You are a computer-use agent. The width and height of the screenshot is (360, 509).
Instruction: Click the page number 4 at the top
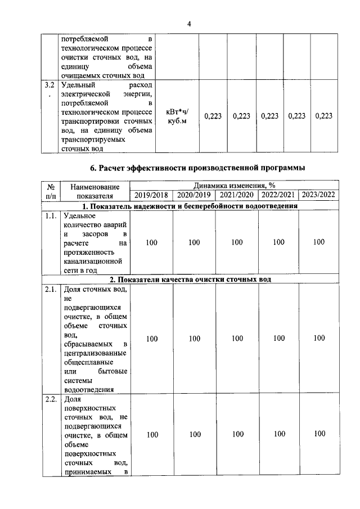tap(190, 23)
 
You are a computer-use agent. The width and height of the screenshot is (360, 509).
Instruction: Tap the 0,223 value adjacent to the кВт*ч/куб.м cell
tap(213, 116)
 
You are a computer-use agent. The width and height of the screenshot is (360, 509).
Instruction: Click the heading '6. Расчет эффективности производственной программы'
tap(199, 168)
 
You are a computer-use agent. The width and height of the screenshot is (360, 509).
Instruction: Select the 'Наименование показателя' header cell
tap(95, 191)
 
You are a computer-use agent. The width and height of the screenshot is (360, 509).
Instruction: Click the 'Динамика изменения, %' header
tap(235, 186)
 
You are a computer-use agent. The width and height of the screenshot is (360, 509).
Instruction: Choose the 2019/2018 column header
tap(151, 196)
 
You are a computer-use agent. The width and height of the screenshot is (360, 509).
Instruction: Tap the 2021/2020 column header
tap(236, 196)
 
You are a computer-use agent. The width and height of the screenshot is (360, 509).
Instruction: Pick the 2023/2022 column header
tap(319, 196)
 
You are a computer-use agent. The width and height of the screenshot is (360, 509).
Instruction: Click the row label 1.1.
tap(51, 215)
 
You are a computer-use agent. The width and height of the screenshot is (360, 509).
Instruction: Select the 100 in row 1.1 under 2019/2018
tap(151, 242)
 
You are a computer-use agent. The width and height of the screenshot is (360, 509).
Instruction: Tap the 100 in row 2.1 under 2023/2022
tap(319, 339)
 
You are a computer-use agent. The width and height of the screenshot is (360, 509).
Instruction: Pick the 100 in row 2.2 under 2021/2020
tap(237, 434)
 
